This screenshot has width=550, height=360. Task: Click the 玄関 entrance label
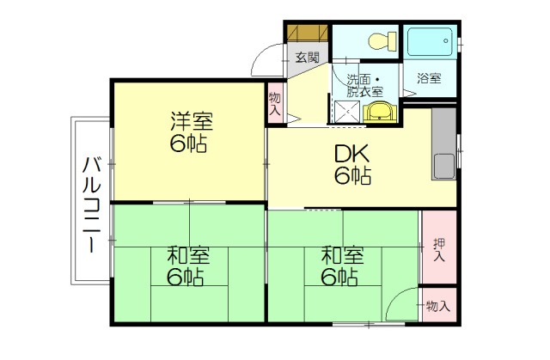(307, 58)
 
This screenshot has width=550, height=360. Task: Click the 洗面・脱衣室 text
(364, 82)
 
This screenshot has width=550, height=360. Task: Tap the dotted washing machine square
(345, 111)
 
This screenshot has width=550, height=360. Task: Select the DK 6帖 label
(352, 165)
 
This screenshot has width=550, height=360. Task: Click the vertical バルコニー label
(89, 204)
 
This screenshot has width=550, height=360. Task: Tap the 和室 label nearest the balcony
(186, 265)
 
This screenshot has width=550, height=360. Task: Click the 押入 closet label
(439, 250)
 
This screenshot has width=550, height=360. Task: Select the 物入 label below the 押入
(438, 306)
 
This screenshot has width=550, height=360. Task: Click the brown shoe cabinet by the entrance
(307, 33)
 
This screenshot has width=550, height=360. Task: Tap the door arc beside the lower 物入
(400, 305)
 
